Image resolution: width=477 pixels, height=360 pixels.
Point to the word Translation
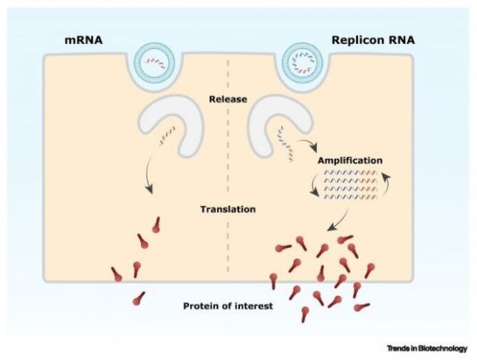pos(228,209)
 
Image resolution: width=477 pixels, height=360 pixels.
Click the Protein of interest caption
pos(227,304)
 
